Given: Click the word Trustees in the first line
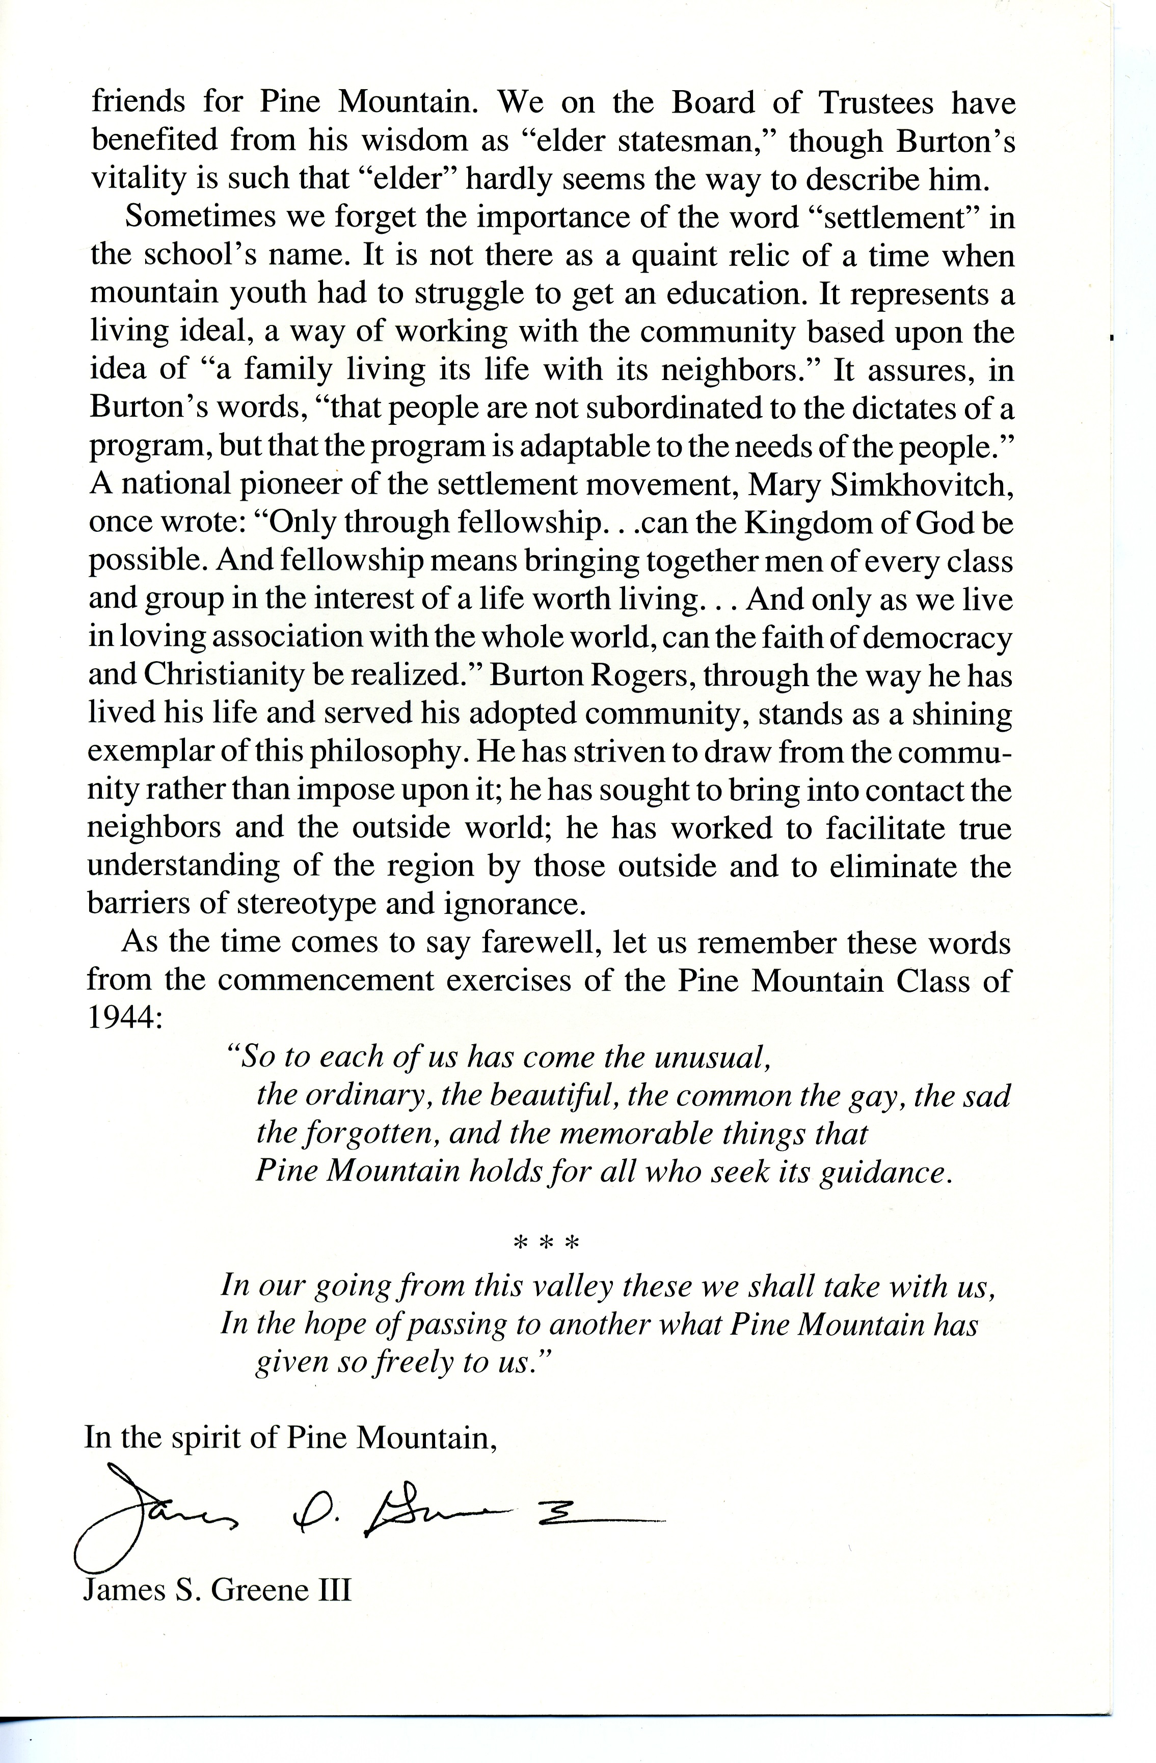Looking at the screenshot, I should tap(876, 103).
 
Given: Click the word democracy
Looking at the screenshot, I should tap(937, 638).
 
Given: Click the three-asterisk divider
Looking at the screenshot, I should tap(546, 1242).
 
